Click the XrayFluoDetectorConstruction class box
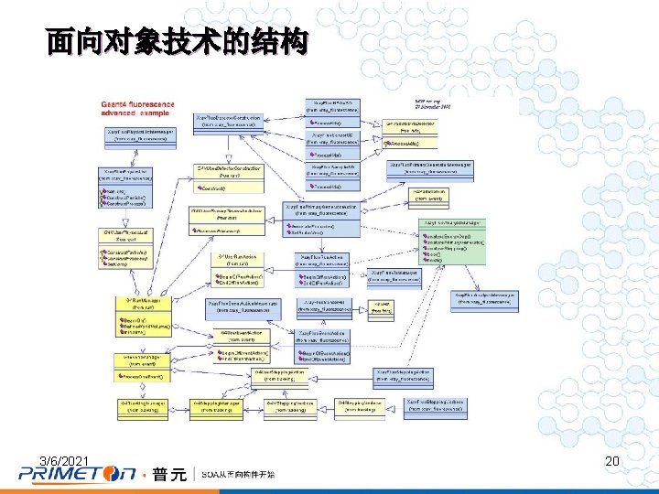tap(229, 122)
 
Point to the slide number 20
tap(612, 462)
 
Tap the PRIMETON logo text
tap(79, 474)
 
